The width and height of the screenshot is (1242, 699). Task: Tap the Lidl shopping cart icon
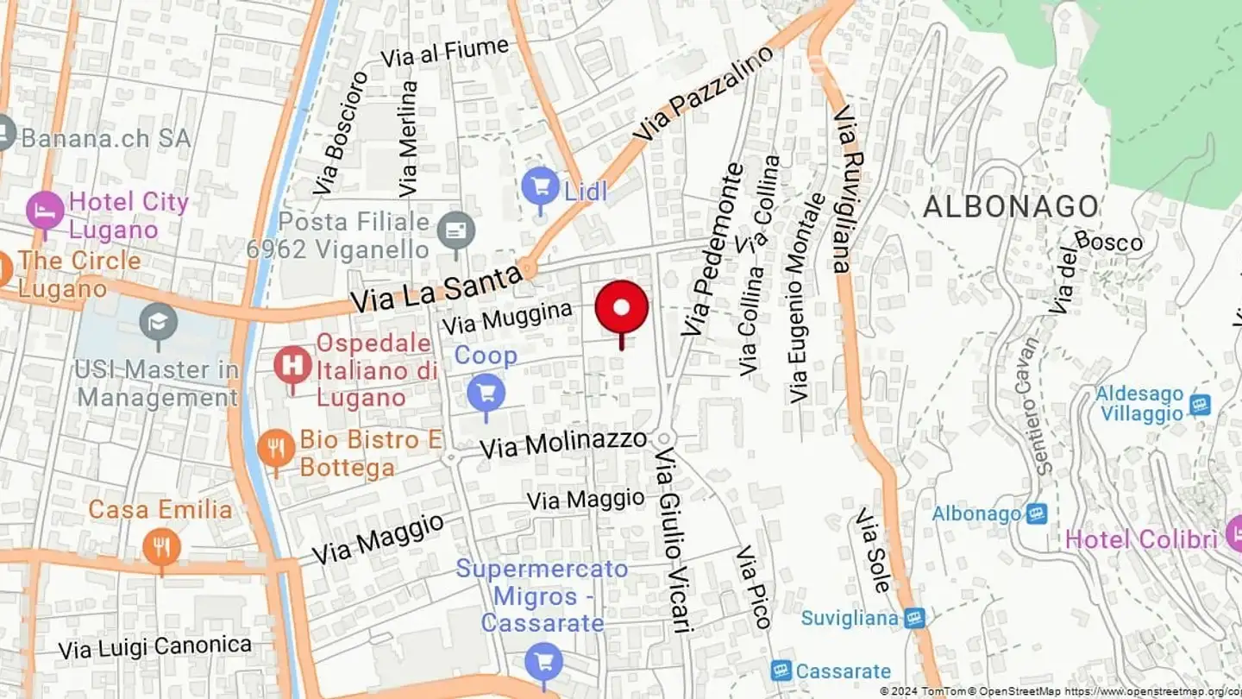click(x=541, y=186)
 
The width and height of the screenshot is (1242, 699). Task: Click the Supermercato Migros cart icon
click(x=543, y=663)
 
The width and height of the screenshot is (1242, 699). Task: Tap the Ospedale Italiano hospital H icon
click(x=293, y=365)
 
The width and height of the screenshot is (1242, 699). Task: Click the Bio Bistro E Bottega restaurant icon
click(x=276, y=448)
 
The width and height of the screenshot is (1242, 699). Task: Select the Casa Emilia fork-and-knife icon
click(x=161, y=547)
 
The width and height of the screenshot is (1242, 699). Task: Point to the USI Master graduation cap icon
click(x=159, y=323)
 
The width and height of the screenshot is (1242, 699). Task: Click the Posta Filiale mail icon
click(x=455, y=230)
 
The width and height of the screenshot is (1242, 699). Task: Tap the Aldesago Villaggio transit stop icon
click(x=1200, y=405)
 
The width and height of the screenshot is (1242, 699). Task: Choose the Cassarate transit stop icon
click(x=781, y=671)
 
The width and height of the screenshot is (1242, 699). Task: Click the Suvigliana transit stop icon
click(x=914, y=618)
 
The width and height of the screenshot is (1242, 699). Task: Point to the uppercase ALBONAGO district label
click(x=1011, y=207)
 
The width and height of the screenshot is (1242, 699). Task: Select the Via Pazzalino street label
click(x=704, y=94)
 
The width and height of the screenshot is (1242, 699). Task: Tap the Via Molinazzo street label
click(x=563, y=444)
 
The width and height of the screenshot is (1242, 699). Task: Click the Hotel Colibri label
click(x=1141, y=539)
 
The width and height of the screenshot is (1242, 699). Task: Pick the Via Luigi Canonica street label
click(x=155, y=647)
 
